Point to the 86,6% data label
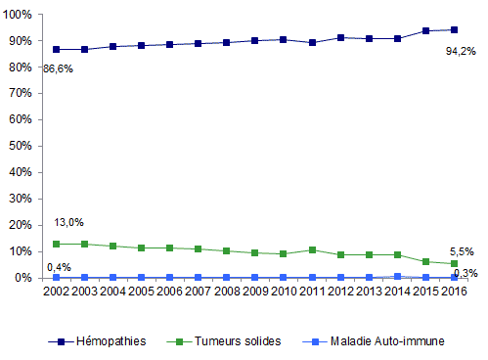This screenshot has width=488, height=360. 58,68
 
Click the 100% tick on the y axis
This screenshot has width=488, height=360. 19,15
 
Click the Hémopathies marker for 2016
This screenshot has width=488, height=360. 454,29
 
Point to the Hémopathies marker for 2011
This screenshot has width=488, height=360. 312,42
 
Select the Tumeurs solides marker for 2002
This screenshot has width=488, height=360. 56,244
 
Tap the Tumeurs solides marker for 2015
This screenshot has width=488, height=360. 425,262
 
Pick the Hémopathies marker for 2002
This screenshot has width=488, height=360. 56,49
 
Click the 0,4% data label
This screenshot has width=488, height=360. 58,266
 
